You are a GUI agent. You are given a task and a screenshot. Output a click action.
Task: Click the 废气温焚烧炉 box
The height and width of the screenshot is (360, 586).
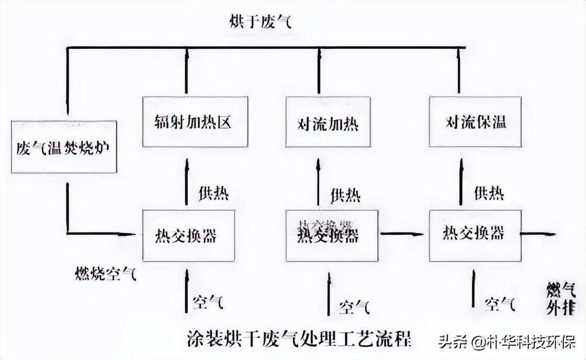[x=63, y=147]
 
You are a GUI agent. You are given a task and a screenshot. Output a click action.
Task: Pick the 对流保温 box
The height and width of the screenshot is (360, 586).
[x=475, y=122]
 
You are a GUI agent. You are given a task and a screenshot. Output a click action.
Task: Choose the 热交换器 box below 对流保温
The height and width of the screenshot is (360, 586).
[x=475, y=235]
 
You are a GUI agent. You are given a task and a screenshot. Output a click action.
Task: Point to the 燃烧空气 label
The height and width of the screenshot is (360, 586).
[x=106, y=273]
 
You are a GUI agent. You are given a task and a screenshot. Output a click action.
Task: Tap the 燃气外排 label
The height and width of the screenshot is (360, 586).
[x=561, y=298]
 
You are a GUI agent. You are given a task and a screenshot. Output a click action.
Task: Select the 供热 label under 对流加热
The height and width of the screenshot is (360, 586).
[x=345, y=195]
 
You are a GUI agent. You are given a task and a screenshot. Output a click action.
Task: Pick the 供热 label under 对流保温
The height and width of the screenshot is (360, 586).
[x=489, y=193]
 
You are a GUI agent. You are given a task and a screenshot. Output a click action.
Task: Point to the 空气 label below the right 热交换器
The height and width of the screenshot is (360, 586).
[x=500, y=303]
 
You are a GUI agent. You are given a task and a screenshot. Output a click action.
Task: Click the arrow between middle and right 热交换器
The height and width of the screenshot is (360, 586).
[x=402, y=233]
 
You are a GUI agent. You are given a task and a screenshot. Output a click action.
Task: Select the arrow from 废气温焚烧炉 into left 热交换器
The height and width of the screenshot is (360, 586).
[x=99, y=233]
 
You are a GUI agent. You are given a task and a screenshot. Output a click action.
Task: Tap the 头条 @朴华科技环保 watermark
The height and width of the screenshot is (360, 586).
[x=506, y=343]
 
